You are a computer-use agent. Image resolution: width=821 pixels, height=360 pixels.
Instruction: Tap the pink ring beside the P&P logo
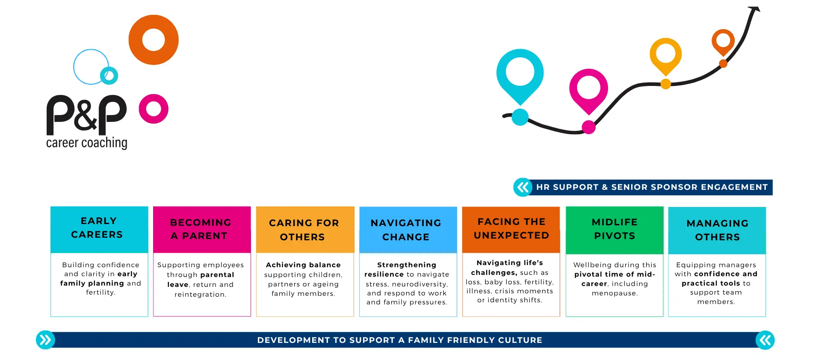[x=154, y=120]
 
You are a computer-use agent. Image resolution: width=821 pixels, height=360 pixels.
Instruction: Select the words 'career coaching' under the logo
[x=87, y=143]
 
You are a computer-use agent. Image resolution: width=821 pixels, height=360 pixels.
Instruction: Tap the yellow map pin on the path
[x=665, y=55]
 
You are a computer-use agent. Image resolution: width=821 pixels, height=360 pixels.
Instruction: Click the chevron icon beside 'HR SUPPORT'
[x=523, y=187]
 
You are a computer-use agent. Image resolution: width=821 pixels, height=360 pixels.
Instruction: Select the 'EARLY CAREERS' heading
[x=97, y=227]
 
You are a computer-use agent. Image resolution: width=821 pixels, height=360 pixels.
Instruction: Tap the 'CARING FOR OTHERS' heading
[x=304, y=230]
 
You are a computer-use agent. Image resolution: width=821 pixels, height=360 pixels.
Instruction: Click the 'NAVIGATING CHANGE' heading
[x=406, y=230]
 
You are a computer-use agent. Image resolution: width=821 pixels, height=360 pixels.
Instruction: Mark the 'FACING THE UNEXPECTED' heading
[x=511, y=228]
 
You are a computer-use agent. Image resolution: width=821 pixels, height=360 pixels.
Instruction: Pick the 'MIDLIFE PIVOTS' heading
[x=614, y=229]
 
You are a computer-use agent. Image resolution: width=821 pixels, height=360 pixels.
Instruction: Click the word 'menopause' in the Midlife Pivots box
[x=614, y=293]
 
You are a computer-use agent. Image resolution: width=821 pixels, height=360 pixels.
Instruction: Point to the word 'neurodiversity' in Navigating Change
[x=419, y=284]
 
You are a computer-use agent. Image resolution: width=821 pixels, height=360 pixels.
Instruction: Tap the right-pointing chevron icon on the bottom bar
[x=45, y=340]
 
